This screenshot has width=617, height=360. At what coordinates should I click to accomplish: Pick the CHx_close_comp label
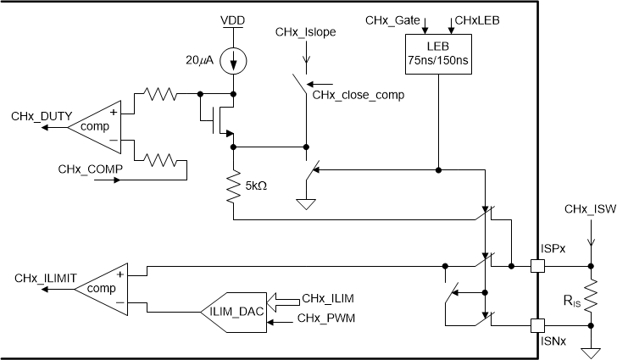click(x=358, y=95)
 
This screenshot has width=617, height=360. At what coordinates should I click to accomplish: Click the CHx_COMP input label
click(x=91, y=169)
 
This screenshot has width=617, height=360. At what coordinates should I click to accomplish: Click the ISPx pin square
click(x=536, y=265)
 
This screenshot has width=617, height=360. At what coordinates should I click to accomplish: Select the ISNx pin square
click(x=536, y=324)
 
